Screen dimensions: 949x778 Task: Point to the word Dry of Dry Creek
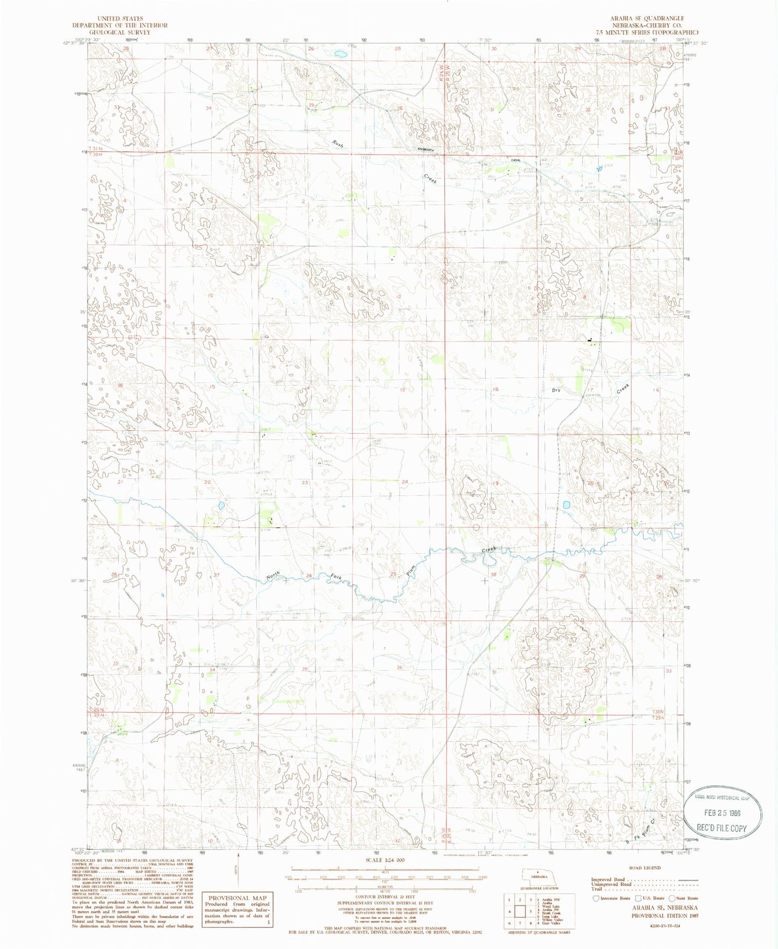(x=556, y=390)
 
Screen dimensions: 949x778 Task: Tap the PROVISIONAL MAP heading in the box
(x=237, y=898)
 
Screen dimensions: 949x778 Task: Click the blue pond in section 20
(x=566, y=505)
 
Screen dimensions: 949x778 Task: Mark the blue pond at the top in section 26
(x=340, y=54)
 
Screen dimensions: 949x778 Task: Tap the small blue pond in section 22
(x=221, y=505)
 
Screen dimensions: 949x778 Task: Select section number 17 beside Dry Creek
(x=590, y=389)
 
